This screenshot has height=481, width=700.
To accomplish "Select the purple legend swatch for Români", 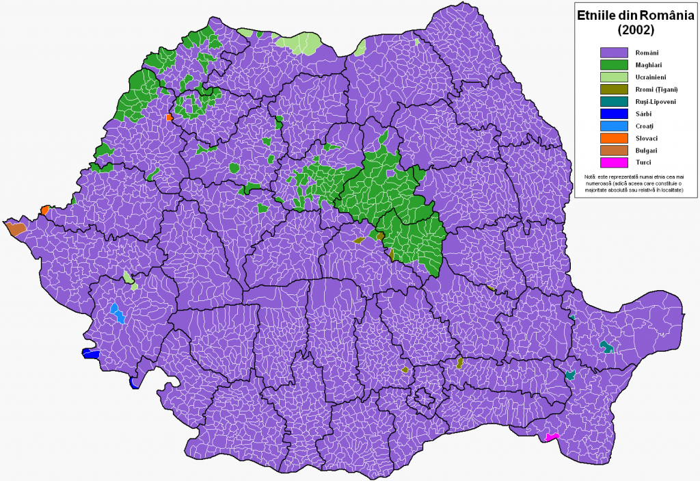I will [x=613, y=52].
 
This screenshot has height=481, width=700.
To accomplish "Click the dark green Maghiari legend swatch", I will [x=613, y=64].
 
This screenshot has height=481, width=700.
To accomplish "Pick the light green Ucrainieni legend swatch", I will [x=613, y=77].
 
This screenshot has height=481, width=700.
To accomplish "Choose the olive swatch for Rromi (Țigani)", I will [x=613, y=89].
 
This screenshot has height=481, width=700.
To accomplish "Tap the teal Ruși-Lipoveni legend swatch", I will [x=613, y=101].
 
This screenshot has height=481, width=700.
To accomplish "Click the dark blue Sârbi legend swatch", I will [x=613, y=114].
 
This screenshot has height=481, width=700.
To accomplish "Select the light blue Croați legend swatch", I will [x=613, y=126].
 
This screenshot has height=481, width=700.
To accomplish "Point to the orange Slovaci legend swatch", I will [x=613, y=138].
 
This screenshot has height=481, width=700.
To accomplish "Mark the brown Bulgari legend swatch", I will [x=613, y=150].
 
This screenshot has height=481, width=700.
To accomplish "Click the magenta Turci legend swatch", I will [x=613, y=162].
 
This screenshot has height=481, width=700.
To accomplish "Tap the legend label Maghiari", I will [x=649, y=64].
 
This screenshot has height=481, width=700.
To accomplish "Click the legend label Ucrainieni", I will [x=652, y=77].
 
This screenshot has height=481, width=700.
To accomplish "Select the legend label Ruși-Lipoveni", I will [x=655, y=101].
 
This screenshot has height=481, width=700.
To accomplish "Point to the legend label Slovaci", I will [x=647, y=138].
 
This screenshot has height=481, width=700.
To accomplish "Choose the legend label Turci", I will [x=643, y=162].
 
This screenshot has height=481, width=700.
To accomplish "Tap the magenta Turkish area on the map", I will [x=552, y=437].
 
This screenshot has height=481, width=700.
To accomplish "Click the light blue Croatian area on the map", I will [x=118, y=313].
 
